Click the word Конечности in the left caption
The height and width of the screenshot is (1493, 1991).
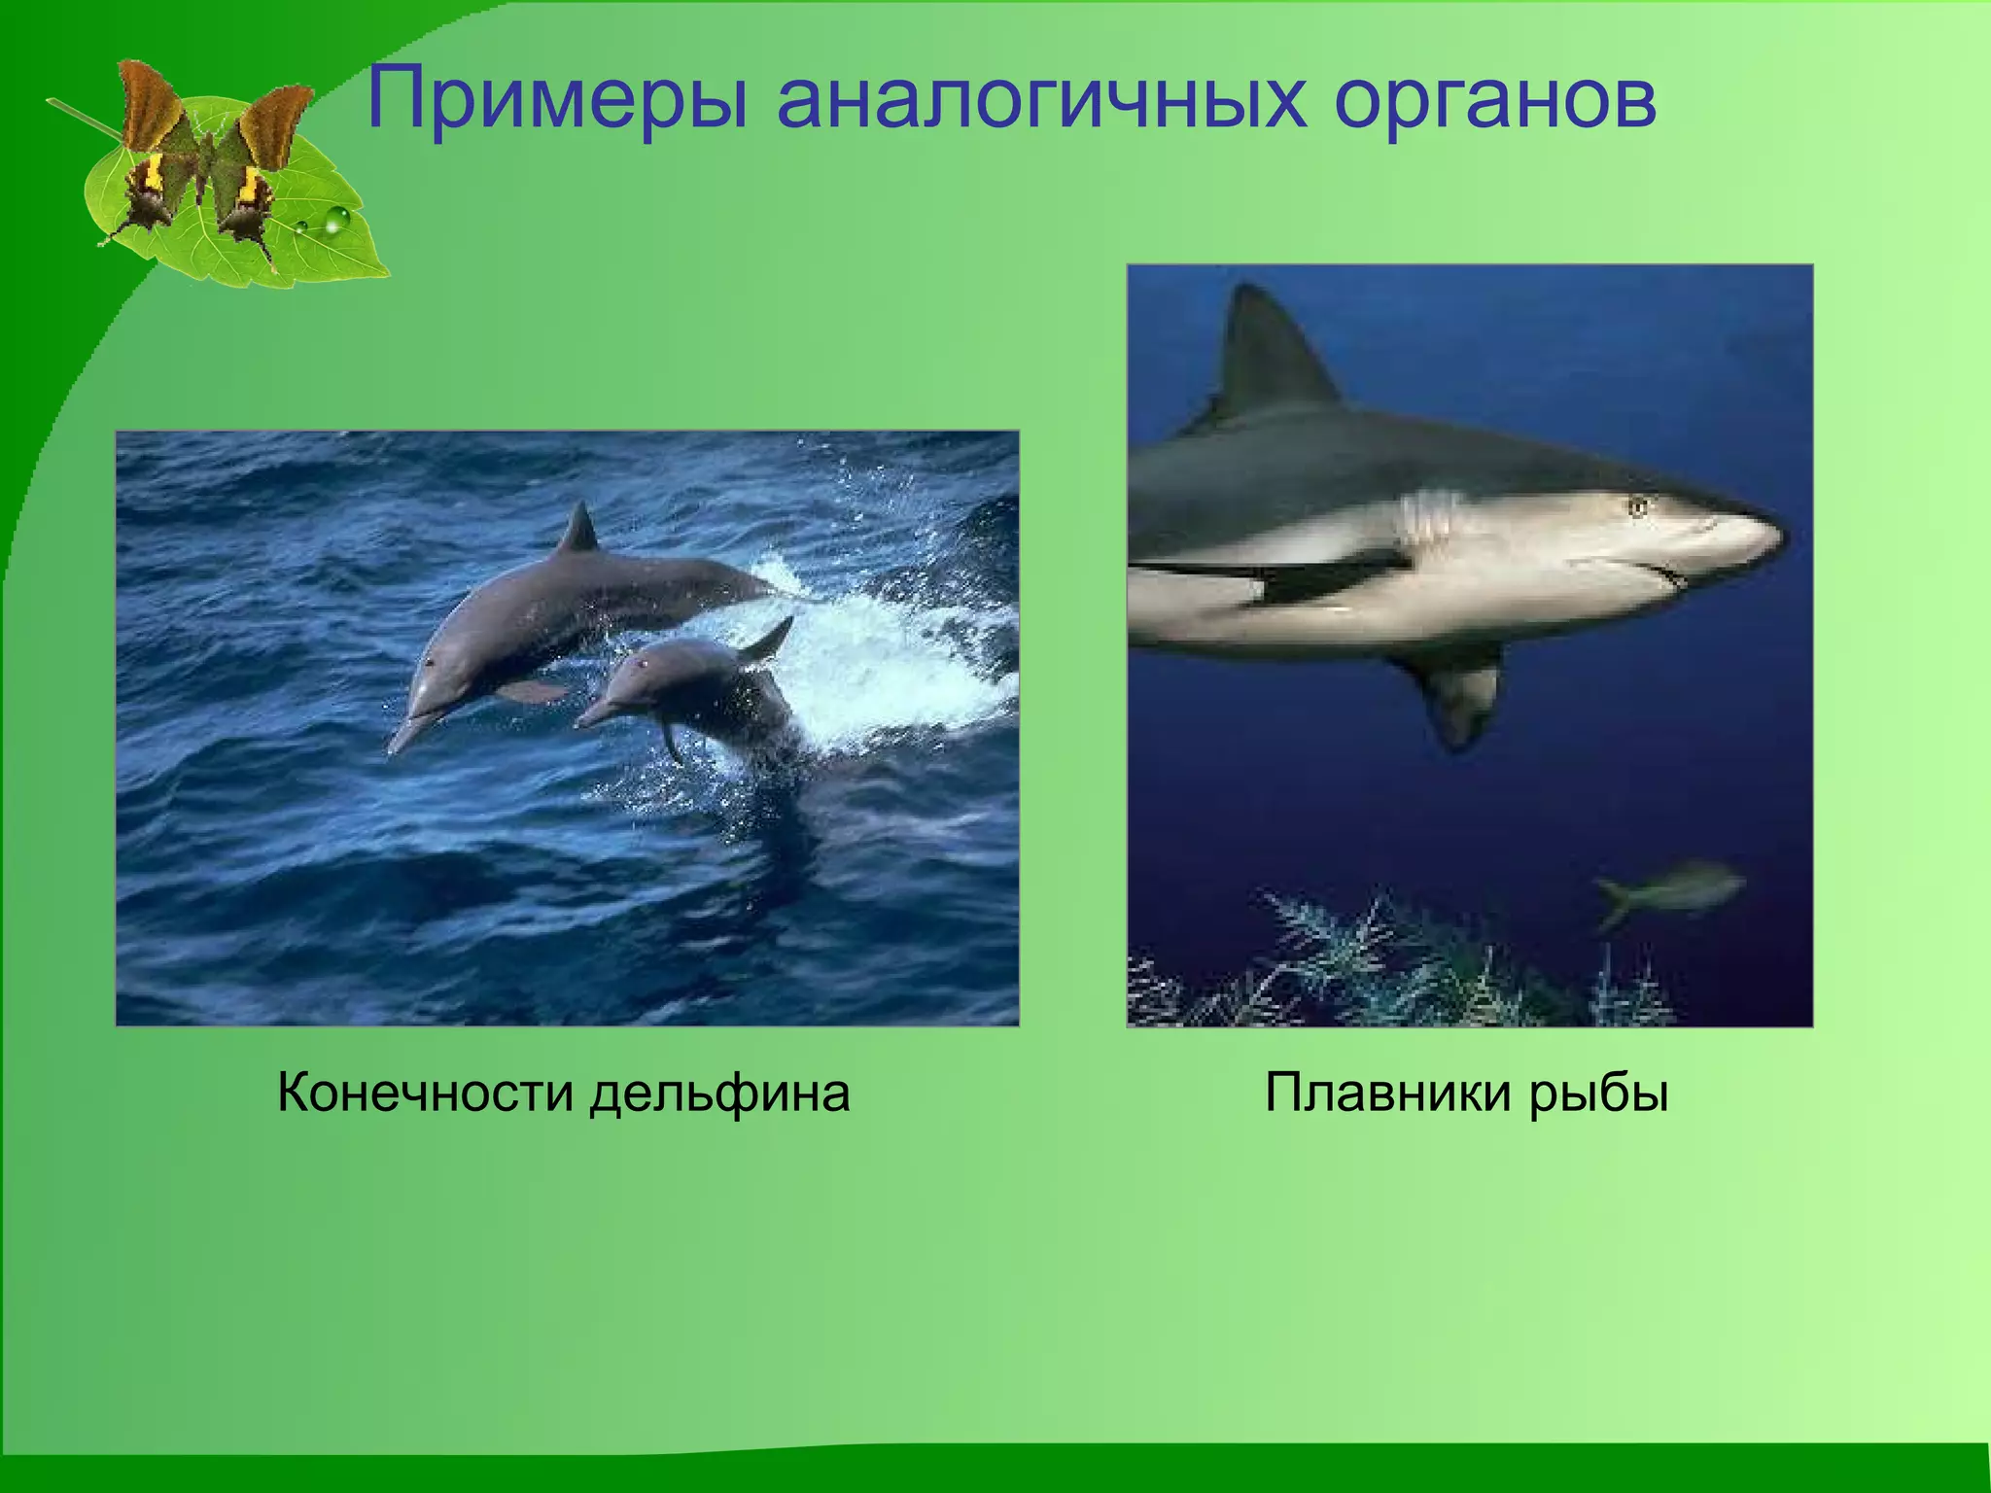tap(424, 1093)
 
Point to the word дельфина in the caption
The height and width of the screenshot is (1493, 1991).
tap(720, 1093)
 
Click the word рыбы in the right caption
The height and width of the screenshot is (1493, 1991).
tap(1599, 1093)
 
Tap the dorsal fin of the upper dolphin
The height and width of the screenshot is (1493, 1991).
tap(580, 530)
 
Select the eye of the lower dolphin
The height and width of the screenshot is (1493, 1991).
tap(642, 666)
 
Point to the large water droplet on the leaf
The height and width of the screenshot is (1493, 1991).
tap(335, 222)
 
